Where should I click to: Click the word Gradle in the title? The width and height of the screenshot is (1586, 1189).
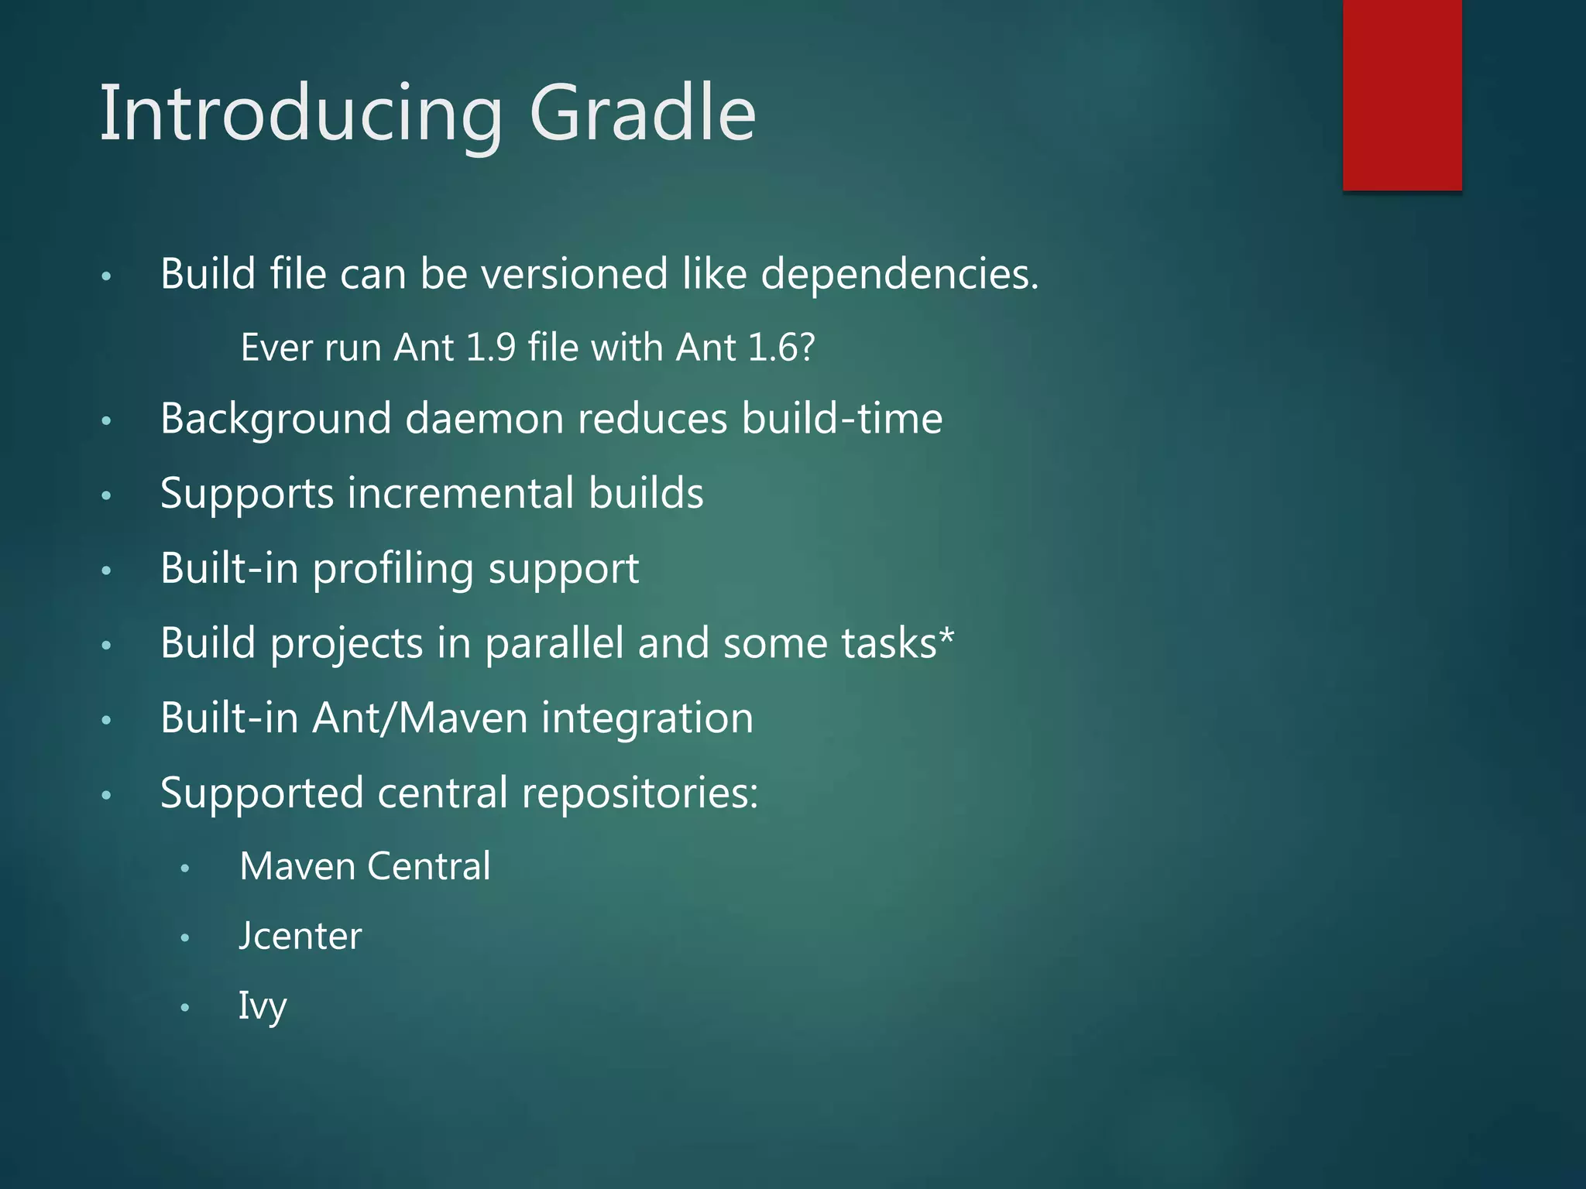click(x=642, y=114)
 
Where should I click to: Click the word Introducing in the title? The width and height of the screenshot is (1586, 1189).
click(x=302, y=114)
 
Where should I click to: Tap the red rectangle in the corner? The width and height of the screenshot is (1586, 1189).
click(x=1402, y=94)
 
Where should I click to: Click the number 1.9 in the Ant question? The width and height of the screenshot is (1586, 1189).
click(x=491, y=348)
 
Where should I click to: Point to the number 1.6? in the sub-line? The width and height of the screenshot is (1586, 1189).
click(x=782, y=348)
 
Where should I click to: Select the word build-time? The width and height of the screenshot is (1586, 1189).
click(x=842, y=419)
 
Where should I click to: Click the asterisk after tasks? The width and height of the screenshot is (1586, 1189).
click(x=946, y=636)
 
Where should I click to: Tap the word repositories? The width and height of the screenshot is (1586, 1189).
click(x=640, y=793)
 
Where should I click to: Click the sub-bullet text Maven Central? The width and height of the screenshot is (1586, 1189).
click(x=365, y=866)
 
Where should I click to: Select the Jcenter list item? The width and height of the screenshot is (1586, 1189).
click(x=300, y=937)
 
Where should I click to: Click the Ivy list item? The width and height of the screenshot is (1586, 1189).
click(x=263, y=1006)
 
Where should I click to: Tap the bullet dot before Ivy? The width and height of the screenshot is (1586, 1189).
click(x=184, y=1008)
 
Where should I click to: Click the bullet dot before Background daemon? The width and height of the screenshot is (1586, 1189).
click(x=107, y=421)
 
